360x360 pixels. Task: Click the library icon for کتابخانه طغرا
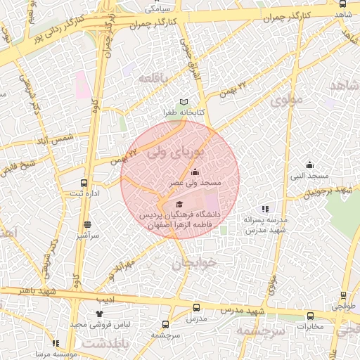[185, 101]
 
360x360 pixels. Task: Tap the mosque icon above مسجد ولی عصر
[195, 172]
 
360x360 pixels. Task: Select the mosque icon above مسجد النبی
[309, 165]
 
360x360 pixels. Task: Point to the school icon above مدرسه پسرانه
[265, 209]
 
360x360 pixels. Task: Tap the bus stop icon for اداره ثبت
[84, 183]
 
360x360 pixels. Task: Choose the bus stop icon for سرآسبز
[87, 225]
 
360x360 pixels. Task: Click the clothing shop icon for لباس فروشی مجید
[98, 314]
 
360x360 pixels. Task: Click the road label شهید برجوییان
[333, 191]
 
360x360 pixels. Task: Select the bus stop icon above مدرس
[196, 307]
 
